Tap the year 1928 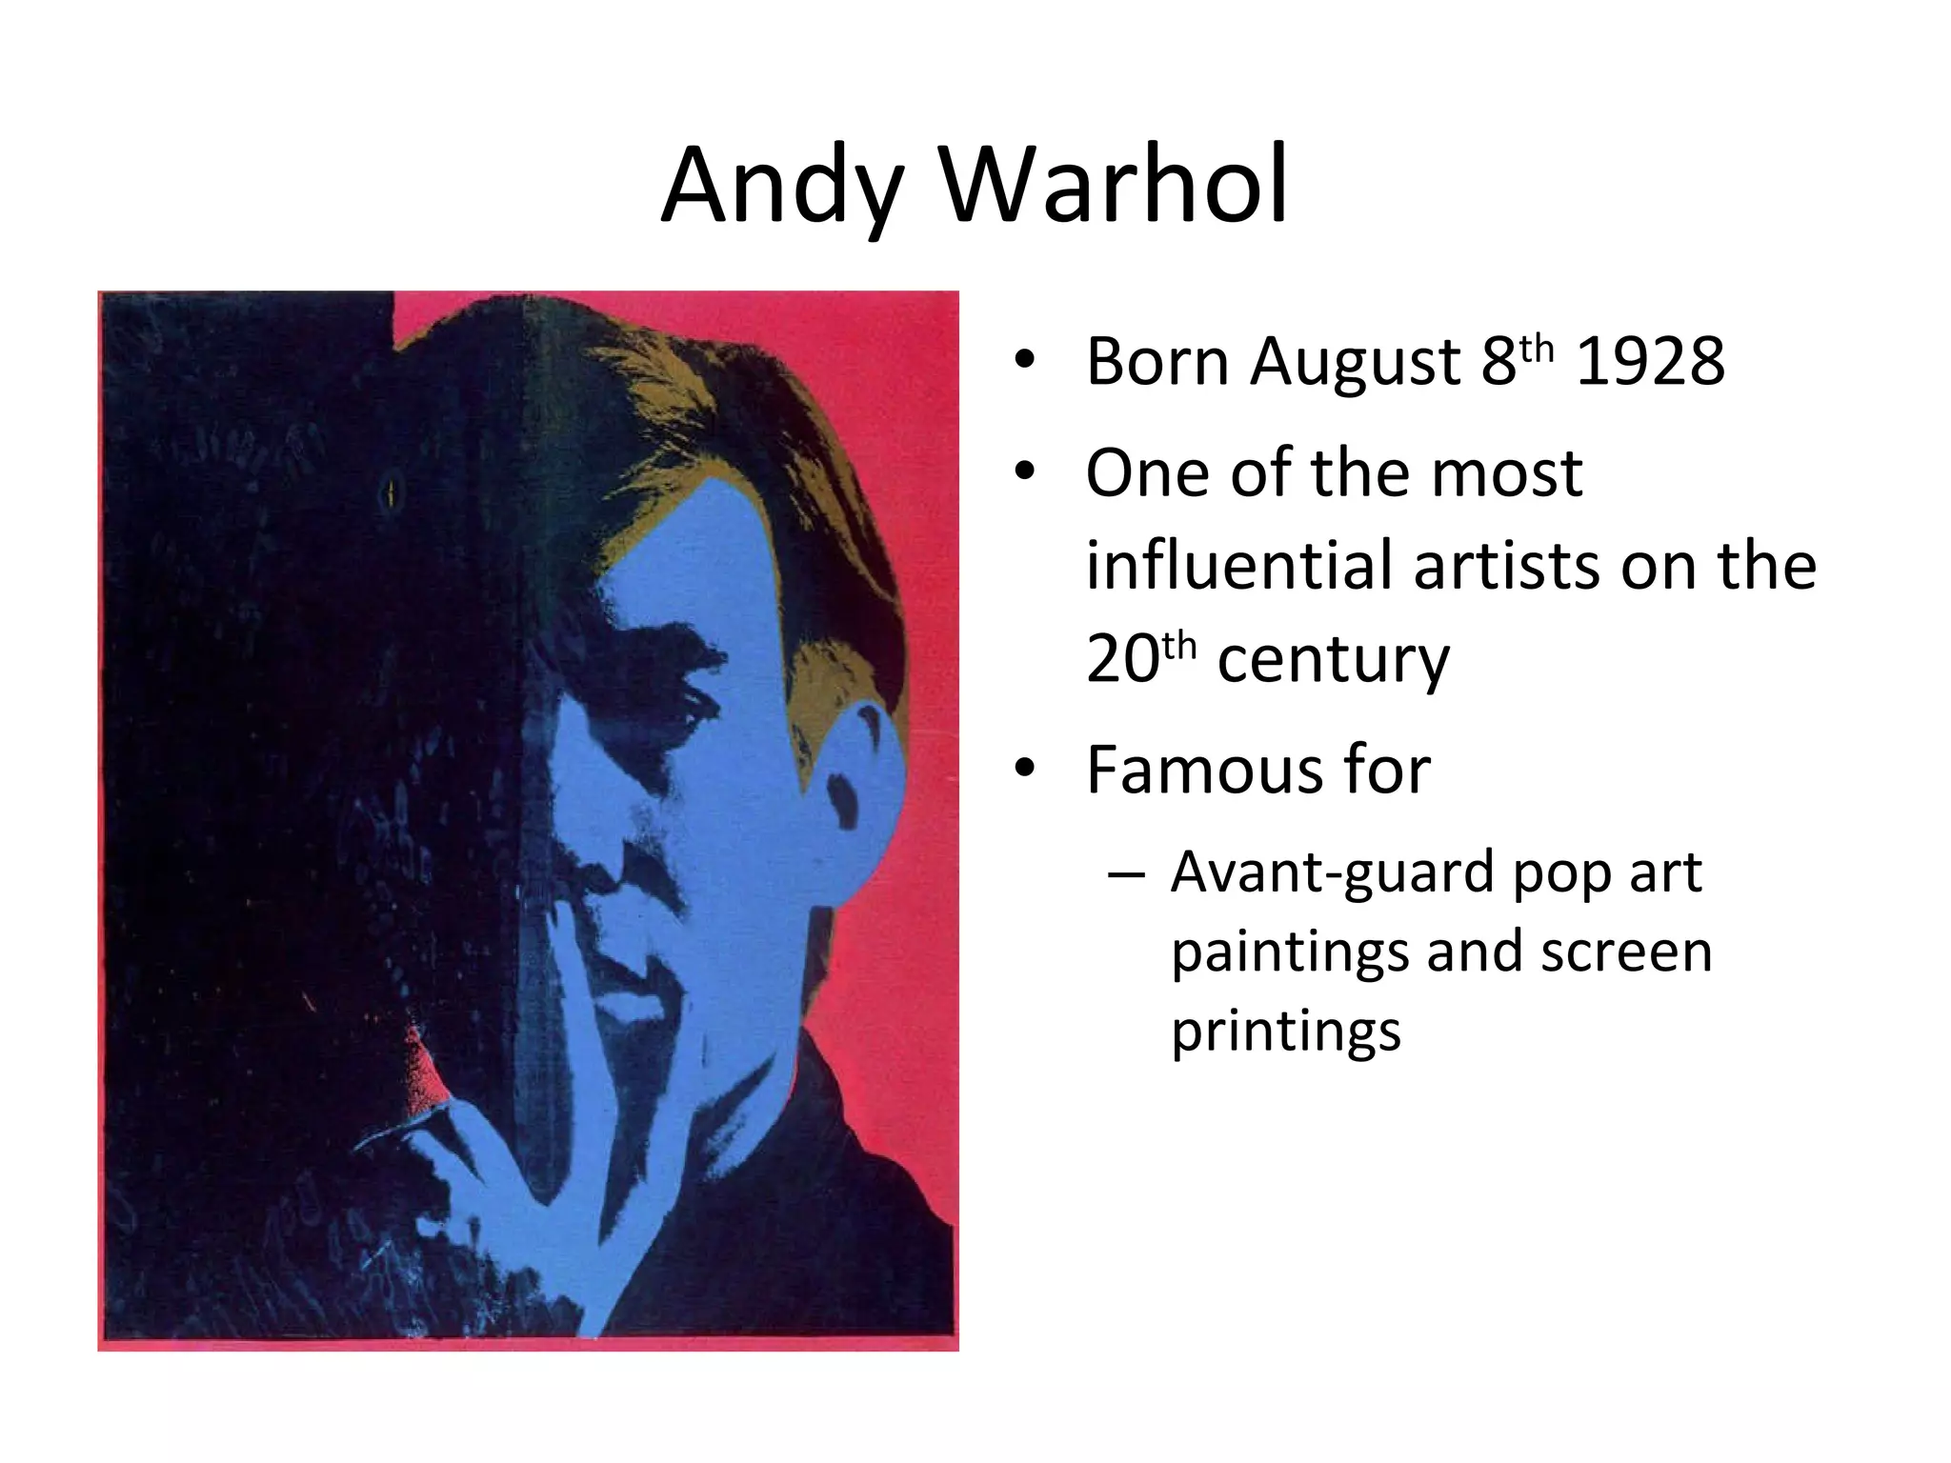tap(1650, 362)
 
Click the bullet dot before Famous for tap(1024, 770)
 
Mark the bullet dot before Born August tap(1024, 362)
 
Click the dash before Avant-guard tap(1126, 872)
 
